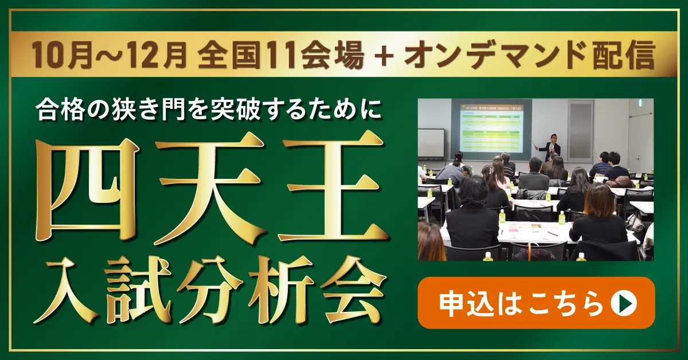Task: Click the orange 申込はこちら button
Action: click(536, 303)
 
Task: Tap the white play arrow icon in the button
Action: click(624, 303)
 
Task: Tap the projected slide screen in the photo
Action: click(491, 128)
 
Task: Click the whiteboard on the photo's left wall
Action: click(431, 143)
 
